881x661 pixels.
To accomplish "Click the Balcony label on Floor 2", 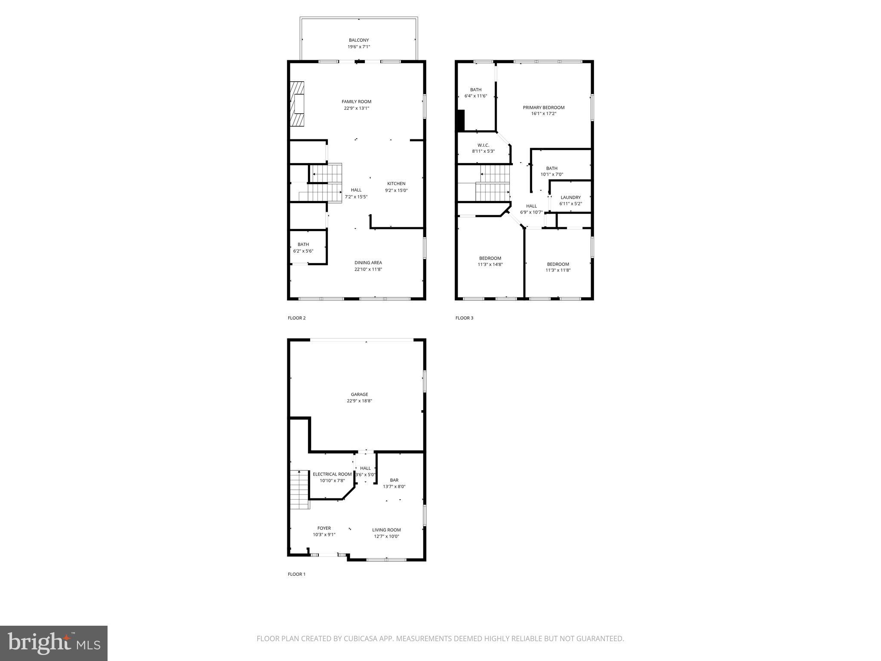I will pos(359,40).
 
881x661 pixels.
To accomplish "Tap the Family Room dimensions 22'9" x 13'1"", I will pos(356,108).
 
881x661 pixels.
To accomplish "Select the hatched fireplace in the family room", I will pos(297,104).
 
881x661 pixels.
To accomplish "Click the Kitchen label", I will pos(396,184).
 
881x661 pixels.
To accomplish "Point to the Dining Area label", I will pos(368,263).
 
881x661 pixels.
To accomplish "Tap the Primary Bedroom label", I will pos(543,108).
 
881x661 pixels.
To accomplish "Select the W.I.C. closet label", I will pos(483,145).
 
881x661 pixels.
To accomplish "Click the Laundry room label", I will pos(570,198).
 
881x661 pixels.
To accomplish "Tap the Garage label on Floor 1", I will pos(359,394).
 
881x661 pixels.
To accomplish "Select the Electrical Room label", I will pos(332,474).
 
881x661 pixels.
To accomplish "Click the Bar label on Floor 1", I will pos(394,480).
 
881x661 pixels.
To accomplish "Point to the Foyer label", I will pos(324,528).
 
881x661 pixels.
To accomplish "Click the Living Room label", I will pos(386,530).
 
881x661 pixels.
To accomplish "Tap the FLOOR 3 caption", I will pos(464,318).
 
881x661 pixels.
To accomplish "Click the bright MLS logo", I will pos(54,643).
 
